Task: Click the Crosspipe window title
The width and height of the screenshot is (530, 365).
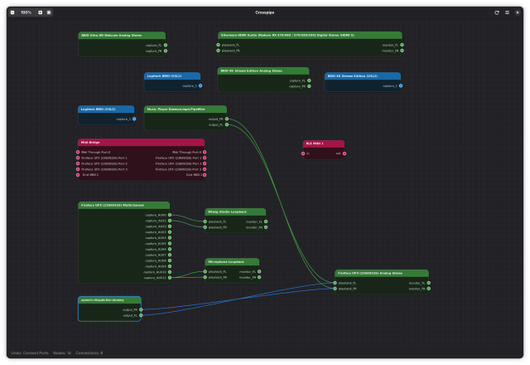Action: (264, 12)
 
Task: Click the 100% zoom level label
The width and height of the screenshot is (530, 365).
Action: (26, 12)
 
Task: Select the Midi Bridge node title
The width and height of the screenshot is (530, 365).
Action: (90, 143)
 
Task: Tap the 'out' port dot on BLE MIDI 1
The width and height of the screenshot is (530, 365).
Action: (343, 153)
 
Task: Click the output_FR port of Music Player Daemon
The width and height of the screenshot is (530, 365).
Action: (225, 119)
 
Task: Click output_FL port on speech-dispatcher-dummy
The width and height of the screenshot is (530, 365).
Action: (141, 315)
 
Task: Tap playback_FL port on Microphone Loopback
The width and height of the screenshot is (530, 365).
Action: (206, 271)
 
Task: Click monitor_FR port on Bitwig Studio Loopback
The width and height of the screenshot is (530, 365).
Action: (265, 227)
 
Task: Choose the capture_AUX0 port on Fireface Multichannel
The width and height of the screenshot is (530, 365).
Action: (170, 215)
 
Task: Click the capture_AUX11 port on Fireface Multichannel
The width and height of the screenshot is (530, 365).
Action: (170, 277)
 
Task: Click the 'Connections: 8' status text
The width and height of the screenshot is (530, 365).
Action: (90, 353)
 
